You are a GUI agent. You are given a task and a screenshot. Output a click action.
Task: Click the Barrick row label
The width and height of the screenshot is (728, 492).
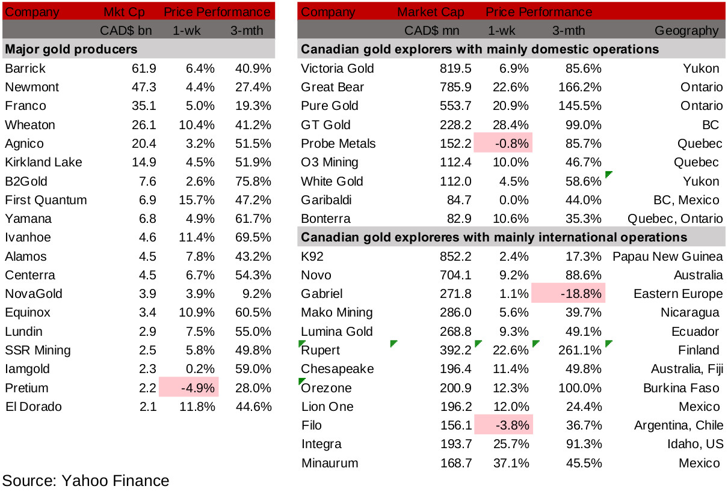(x=25, y=68)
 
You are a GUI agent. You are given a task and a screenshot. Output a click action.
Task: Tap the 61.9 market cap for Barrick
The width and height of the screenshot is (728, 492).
(x=145, y=68)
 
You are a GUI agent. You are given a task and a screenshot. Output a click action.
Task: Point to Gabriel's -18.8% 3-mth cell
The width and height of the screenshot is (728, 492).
(x=569, y=294)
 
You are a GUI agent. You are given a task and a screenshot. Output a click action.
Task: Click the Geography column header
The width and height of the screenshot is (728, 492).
(x=686, y=30)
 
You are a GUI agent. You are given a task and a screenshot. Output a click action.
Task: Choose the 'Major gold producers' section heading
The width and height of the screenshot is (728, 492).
(x=71, y=49)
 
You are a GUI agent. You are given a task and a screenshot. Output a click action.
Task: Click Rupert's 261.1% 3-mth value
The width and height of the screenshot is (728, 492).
(x=578, y=350)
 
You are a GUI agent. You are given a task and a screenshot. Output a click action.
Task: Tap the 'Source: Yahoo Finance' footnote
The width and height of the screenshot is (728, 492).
(x=86, y=481)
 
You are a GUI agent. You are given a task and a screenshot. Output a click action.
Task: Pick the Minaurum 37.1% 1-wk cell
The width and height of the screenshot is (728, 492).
(x=512, y=463)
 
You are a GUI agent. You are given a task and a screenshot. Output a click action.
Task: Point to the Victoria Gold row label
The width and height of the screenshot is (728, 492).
(x=338, y=68)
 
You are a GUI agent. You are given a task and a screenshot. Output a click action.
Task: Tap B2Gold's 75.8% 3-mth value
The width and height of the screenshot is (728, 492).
(x=252, y=181)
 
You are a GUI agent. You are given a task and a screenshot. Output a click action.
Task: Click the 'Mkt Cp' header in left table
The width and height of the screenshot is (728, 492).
(x=125, y=11)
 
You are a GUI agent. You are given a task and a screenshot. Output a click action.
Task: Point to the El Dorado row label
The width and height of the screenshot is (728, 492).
(x=33, y=407)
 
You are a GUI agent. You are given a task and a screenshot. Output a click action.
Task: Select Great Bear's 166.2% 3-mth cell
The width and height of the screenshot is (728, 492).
(x=578, y=87)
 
